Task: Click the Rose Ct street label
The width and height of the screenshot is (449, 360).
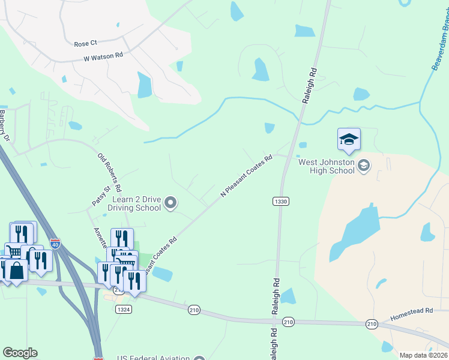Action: [85, 44]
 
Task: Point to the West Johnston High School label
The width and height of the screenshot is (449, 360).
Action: [327, 166]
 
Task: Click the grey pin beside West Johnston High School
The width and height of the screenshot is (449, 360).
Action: [363, 164]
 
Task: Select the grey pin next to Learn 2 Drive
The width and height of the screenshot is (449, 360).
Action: [171, 203]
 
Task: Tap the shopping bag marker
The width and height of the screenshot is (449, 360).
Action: [17, 271]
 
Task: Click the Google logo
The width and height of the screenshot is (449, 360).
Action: [20, 353]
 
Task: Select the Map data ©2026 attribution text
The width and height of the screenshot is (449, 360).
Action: [423, 355]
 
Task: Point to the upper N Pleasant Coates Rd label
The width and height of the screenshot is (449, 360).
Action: [247, 175]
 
